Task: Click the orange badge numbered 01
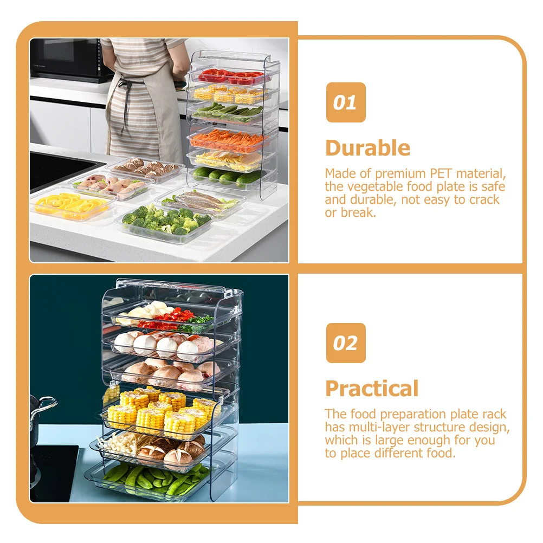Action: pos(345,102)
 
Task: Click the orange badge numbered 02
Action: pos(345,343)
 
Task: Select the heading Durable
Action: pos(367,148)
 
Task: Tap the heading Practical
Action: pos(372,389)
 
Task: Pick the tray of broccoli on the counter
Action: pos(166,222)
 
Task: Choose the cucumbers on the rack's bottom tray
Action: pos(228,176)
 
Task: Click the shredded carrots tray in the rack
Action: pos(230,140)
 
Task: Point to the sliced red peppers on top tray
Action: pos(233,76)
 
